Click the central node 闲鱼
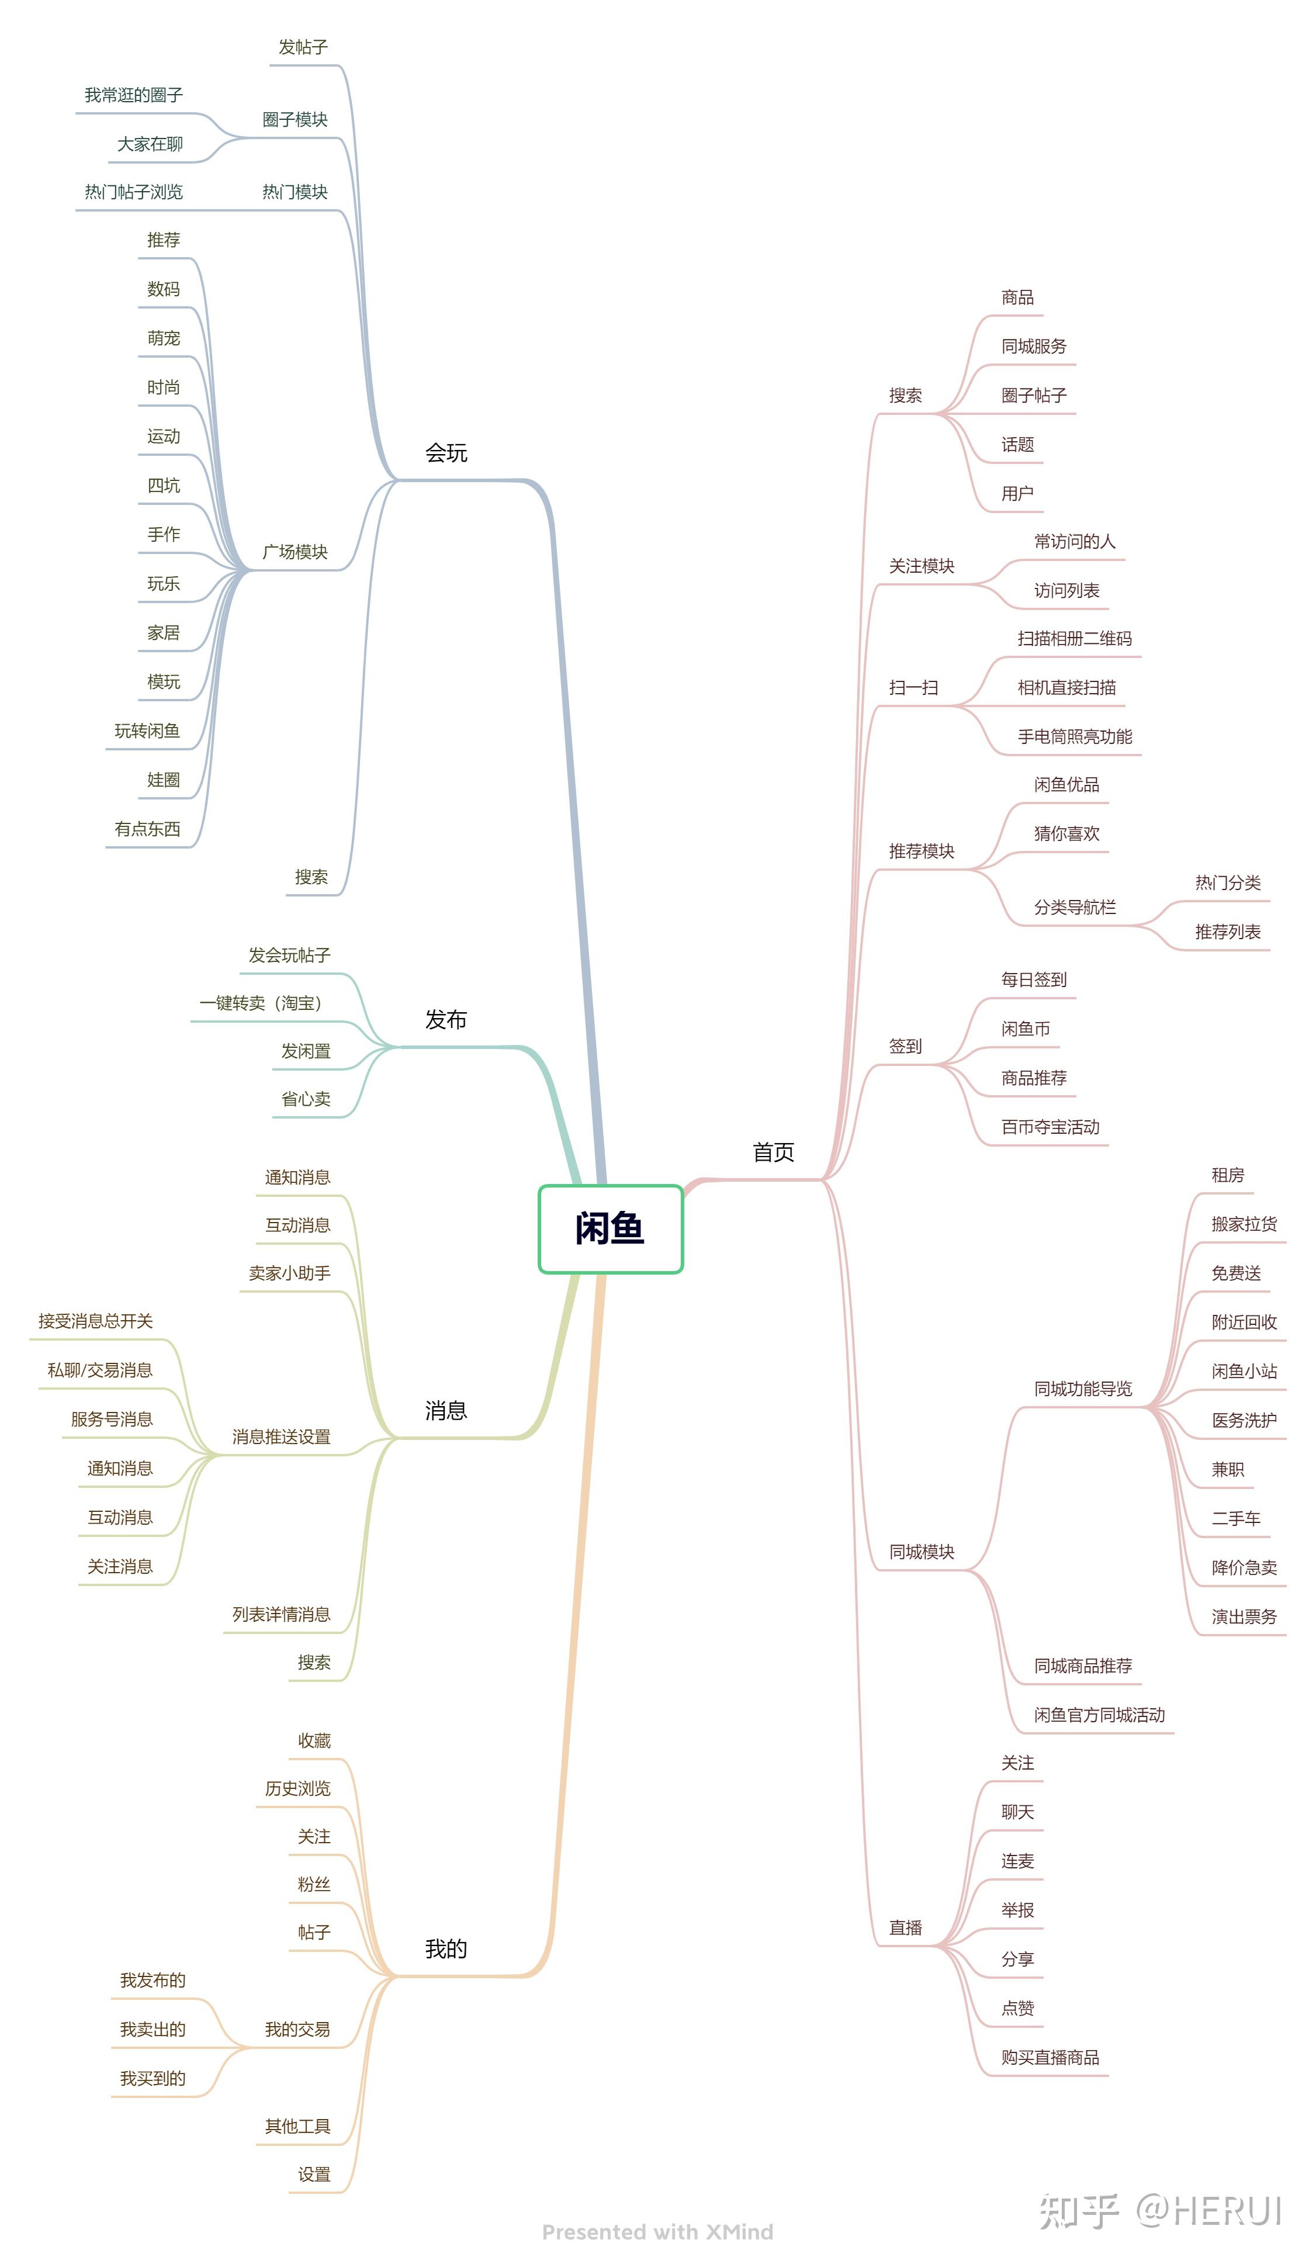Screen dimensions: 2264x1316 (610, 1228)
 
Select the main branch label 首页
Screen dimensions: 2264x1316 (773, 1152)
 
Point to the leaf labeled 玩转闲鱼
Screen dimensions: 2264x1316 (147, 731)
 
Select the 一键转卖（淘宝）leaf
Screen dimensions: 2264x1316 (261, 1003)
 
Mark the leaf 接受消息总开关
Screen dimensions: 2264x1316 (95, 1321)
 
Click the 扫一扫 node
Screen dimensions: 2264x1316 (913, 687)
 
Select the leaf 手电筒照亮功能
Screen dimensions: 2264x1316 (1074, 737)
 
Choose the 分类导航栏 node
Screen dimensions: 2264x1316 (1074, 908)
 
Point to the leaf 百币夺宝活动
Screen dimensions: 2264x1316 (1050, 1127)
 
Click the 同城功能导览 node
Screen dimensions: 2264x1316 (1082, 1389)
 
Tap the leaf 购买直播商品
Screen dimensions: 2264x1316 (1050, 2057)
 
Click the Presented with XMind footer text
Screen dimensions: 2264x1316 (657, 2232)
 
